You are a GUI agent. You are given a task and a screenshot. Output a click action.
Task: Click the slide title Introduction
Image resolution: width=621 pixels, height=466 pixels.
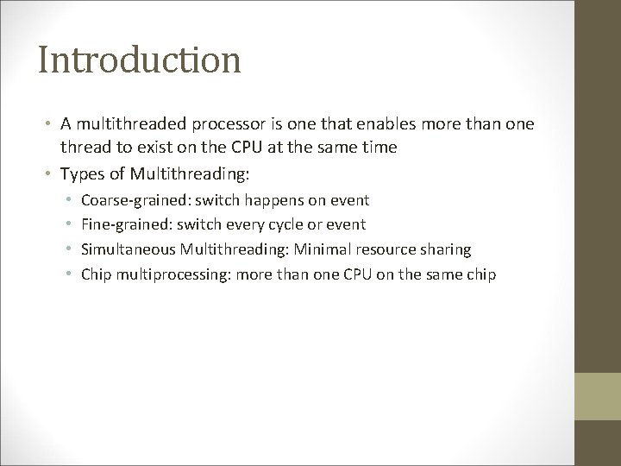click(x=139, y=61)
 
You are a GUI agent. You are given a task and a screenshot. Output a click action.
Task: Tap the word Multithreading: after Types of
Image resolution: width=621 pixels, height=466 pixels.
click(x=191, y=173)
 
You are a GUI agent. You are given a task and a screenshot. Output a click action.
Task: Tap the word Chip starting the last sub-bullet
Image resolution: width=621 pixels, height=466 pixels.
click(x=95, y=274)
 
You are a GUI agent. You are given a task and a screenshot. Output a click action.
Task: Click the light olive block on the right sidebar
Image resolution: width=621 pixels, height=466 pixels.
click(x=599, y=396)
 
